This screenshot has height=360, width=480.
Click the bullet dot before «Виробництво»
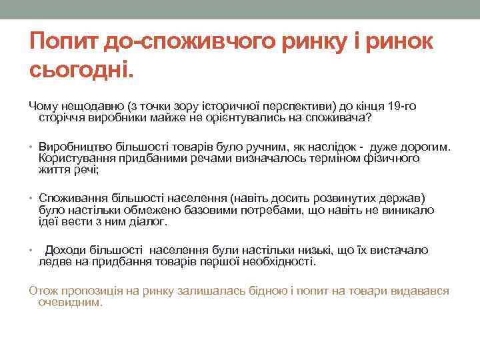32,147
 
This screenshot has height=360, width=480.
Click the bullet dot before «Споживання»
32,199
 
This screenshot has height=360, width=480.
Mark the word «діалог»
141,221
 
